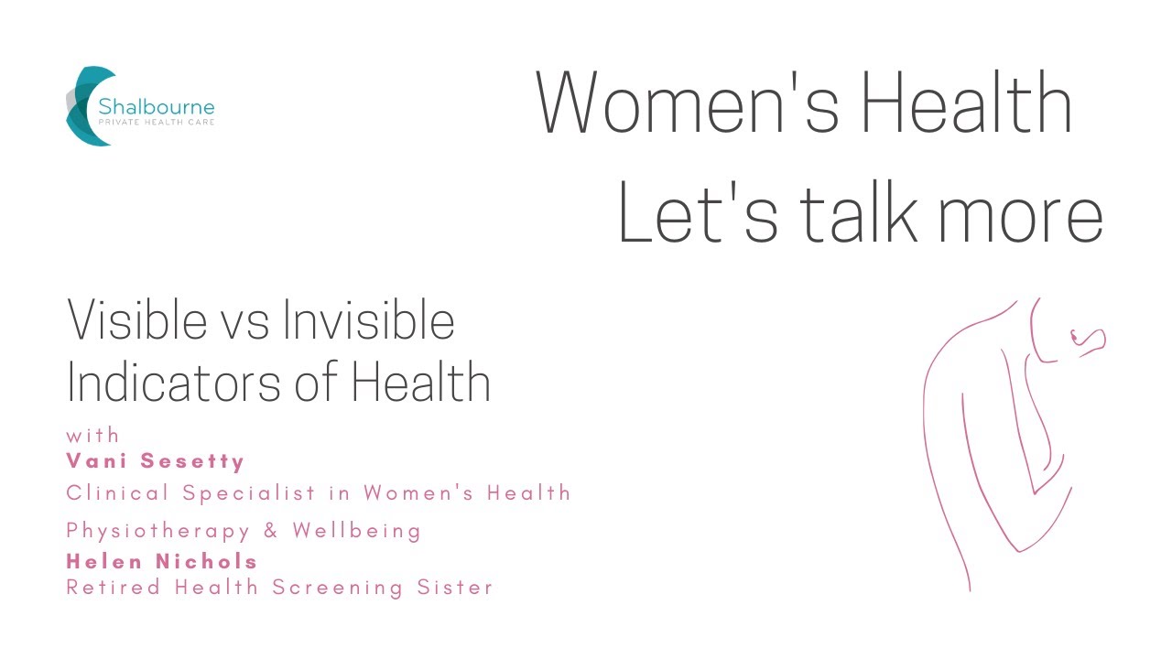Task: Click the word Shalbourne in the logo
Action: [x=157, y=106]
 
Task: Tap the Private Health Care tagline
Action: [x=157, y=123]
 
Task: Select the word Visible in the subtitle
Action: [x=137, y=321]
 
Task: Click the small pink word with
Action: [x=92, y=436]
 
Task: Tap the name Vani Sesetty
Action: [x=156, y=460]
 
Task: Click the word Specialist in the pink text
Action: [x=246, y=493]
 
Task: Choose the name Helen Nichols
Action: [x=162, y=562]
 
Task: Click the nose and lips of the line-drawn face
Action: [x=1090, y=340]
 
